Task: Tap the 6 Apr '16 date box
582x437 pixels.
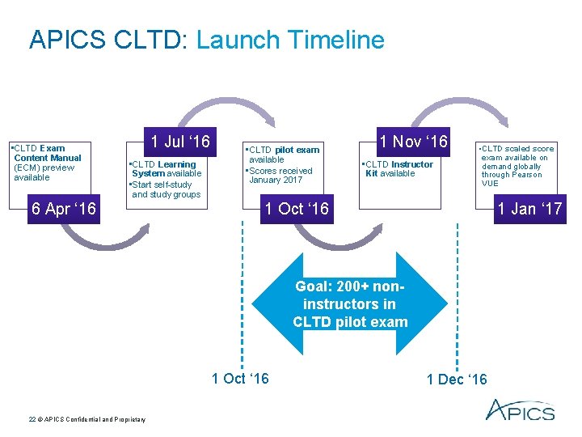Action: pyautogui.click(x=63, y=209)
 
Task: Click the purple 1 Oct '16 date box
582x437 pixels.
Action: pyautogui.click(x=297, y=209)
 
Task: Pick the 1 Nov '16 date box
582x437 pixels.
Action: pyautogui.click(x=415, y=142)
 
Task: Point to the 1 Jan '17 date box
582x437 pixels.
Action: pyautogui.click(x=529, y=209)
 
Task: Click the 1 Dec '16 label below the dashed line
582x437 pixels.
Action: pyautogui.click(x=457, y=380)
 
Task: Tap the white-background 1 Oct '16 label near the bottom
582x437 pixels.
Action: pyautogui.click(x=240, y=378)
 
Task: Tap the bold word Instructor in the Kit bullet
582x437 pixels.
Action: pyautogui.click(x=411, y=164)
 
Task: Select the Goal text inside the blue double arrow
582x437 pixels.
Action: pyautogui.click(x=350, y=303)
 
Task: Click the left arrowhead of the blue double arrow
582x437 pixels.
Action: pyautogui.click(x=267, y=304)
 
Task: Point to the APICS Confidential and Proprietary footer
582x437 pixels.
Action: pyautogui.click(x=87, y=418)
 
